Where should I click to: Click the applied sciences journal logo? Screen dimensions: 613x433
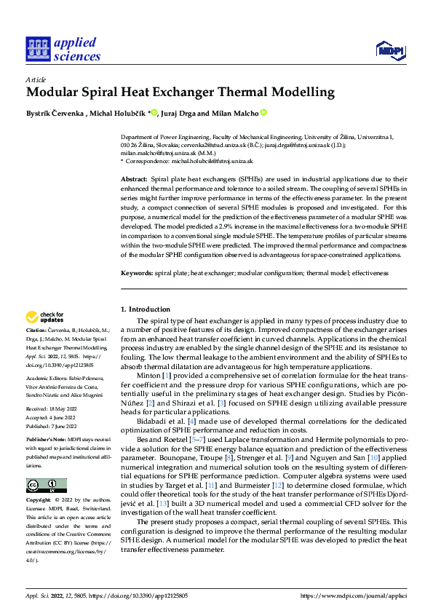tap(63, 50)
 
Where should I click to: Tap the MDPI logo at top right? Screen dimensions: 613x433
tap(390, 49)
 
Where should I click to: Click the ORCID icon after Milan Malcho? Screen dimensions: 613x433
tap(263, 113)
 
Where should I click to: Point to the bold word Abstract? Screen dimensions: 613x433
tap(134, 178)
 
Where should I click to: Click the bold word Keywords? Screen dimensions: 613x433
tap(137, 273)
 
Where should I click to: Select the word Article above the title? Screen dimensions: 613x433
tap(36, 79)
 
